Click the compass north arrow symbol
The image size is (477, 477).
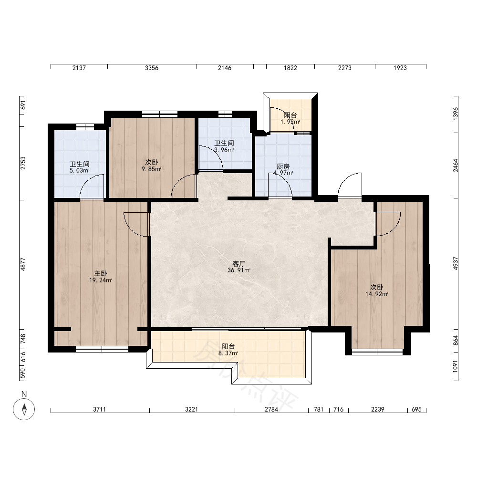[24, 409]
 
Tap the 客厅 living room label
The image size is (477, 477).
[239, 263]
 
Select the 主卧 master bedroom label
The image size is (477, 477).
[101, 273]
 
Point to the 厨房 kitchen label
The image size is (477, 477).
[283, 166]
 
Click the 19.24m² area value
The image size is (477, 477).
[101, 280]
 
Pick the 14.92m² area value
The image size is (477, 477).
[377, 294]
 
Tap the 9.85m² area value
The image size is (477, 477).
[152, 169]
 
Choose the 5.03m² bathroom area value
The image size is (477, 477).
[79, 171]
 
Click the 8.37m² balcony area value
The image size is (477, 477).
[228, 353]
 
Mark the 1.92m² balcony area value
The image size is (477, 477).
[290, 122]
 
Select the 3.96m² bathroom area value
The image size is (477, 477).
[224, 150]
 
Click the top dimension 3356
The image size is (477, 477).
[152, 68]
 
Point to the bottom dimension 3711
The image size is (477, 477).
[100, 409]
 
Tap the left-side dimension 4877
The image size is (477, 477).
[23, 264]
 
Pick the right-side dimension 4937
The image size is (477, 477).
[456, 263]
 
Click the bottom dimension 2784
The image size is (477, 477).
[271, 409]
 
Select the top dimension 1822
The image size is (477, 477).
[290, 68]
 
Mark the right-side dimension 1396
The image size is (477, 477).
[456, 114]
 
